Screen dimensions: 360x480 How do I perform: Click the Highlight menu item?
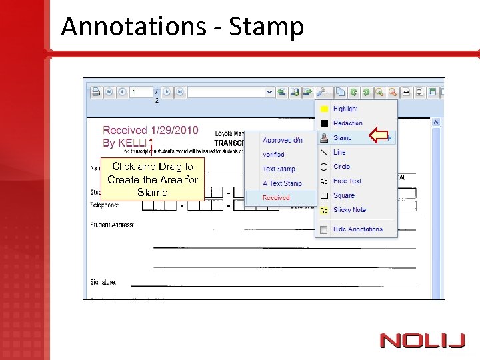tap(345, 109)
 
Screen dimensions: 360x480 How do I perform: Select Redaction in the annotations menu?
tap(347, 123)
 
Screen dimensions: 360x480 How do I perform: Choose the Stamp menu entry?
tap(342, 138)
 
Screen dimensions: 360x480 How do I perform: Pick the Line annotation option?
tap(339, 152)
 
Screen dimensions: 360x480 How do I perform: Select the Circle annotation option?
tap(341, 167)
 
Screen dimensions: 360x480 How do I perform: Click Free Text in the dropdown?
tap(347, 181)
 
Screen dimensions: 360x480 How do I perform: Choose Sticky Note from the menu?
tap(349, 210)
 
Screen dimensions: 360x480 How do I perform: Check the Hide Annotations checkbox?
tap(324, 229)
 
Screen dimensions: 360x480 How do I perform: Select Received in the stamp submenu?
tap(276, 198)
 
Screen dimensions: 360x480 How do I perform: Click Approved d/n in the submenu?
tap(282, 140)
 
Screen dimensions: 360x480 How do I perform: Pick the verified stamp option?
tap(273, 155)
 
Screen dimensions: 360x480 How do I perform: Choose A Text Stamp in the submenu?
tap(282, 183)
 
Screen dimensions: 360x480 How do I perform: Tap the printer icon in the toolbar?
tap(95, 92)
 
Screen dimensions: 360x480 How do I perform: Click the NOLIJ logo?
tap(423, 341)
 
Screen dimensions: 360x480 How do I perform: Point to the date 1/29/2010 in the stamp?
tap(174, 131)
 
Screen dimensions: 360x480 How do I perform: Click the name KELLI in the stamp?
tap(133, 143)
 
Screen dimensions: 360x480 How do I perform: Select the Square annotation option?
tap(343, 195)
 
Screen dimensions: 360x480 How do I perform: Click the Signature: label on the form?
tap(103, 283)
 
